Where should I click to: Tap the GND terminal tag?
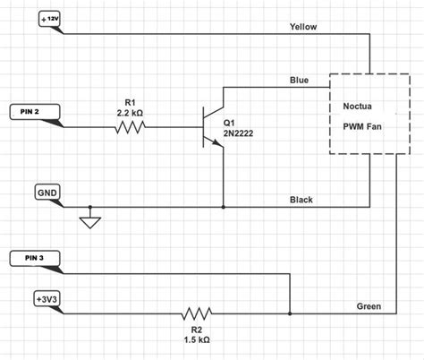pos(46,193)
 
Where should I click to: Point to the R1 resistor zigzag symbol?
pos(129,127)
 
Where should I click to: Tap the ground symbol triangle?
pos(89,220)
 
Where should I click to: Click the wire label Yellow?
pos(303,26)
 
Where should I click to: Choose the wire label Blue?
pos(298,81)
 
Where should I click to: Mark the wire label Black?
pos(301,200)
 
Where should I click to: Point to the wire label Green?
pos(368,306)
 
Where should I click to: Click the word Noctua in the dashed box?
pos(360,106)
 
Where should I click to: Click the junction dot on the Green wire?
pos(291,314)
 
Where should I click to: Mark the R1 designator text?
pos(130,99)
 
